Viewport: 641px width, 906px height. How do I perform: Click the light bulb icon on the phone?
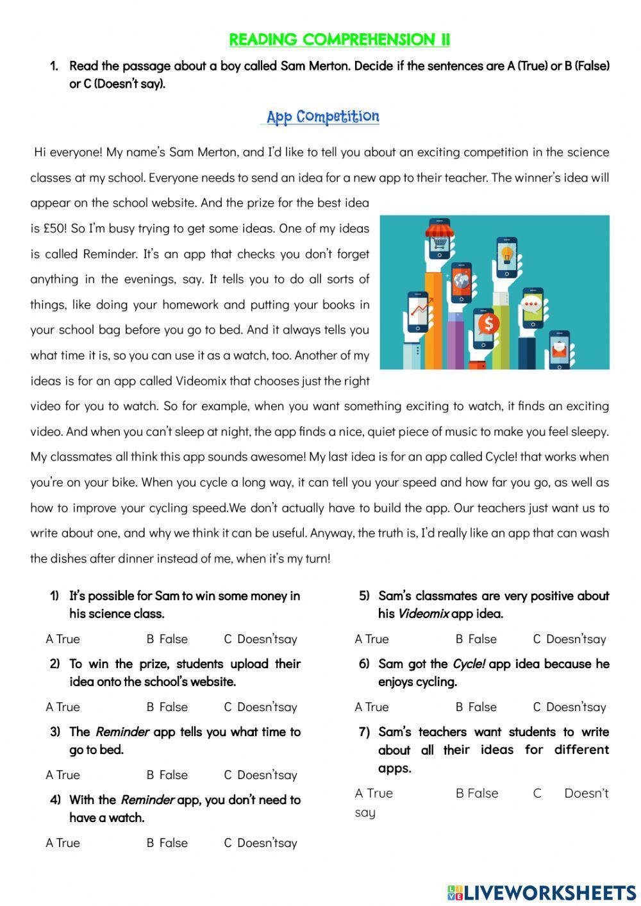[507, 254]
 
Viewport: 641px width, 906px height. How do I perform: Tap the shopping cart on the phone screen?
[439, 244]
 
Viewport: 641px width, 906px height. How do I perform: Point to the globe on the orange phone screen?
[462, 281]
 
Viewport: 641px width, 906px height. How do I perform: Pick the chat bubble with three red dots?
[532, 305]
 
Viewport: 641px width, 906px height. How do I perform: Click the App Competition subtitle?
[322, 117]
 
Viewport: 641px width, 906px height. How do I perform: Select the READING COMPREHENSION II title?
[339, 40]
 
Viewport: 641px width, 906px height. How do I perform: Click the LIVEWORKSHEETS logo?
[541, 892]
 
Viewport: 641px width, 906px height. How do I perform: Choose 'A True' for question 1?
[63, 639]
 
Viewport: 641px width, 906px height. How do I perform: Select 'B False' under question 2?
[167, 707]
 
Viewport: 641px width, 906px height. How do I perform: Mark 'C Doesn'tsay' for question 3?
[260, 775]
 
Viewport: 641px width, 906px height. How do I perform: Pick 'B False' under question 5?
[476, 639]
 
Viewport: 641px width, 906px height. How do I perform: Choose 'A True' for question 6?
[372, 707]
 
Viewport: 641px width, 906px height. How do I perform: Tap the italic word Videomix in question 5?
[423, 614]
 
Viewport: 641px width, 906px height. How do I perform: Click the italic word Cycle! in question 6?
[469, 664]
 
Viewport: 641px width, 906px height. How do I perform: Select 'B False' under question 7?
[476, 793]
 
